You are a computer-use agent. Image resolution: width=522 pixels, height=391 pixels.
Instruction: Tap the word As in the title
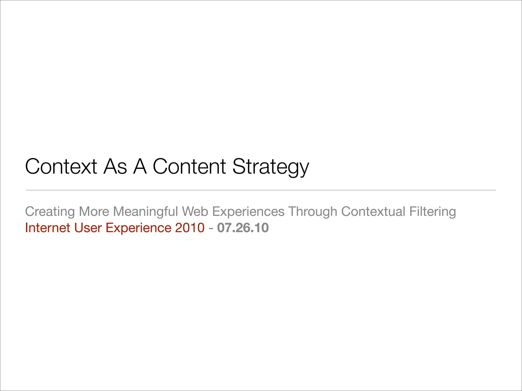coord(115,166)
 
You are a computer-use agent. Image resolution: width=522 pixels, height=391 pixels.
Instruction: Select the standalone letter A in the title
coord(140,166)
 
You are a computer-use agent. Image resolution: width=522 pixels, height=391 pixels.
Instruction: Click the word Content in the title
coord(189,166)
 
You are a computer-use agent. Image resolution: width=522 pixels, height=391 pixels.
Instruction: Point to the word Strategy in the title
coord(271,167)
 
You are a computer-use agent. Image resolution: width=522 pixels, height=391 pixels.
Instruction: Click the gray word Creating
coord(50,212)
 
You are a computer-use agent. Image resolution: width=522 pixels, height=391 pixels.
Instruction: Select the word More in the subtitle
coord(94,211)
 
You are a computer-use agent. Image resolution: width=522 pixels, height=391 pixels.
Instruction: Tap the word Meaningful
coord(145,212)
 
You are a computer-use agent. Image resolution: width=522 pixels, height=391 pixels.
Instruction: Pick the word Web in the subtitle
coord(195,211)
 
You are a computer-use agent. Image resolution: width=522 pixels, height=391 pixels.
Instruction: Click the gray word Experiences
coord(248,212)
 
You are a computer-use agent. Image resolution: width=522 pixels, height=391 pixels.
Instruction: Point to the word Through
coord(313,212)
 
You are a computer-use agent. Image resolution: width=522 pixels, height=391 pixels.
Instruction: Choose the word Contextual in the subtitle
coord(373,211)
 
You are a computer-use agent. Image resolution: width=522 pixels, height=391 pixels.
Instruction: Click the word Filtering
coord(433,212)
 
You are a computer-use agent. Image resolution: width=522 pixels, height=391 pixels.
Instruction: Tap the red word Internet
coord(48,228)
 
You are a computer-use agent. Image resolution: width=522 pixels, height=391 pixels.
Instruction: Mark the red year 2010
coord(190,228)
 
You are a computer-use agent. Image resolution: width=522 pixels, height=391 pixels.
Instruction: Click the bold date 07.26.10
coord(243,228)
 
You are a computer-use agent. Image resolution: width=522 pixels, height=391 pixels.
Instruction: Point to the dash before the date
coord(211,228)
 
